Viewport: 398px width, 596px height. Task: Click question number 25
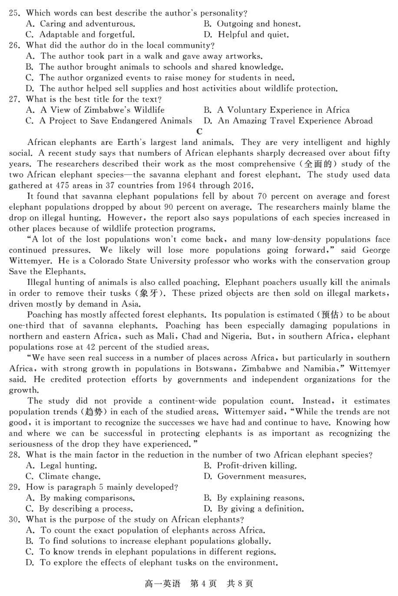(x=14, y=12)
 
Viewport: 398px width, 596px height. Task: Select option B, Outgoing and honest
(x=252, y=23)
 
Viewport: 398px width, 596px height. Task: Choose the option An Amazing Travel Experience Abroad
(x=288, y=121)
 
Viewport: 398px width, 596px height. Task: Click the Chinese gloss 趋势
(x=89, y=412)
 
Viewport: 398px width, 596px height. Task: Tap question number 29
(x=14, y=487)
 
